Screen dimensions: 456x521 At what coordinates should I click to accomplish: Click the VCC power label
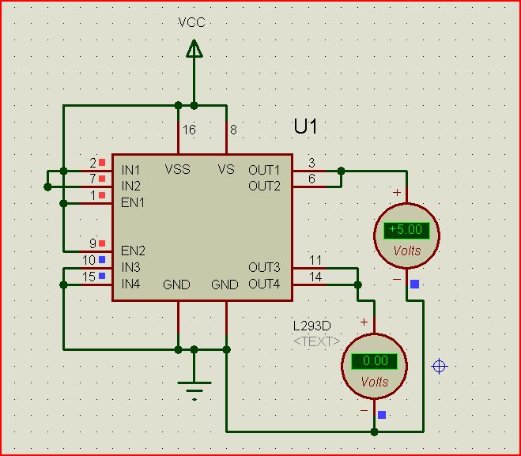(192, 22)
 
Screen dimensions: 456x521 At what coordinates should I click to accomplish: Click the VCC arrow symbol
(194, 49)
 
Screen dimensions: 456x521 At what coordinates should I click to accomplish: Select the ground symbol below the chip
(194, 388)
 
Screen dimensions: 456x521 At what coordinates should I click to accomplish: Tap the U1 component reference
(306, 126)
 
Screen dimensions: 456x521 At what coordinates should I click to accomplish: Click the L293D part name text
(311, 326)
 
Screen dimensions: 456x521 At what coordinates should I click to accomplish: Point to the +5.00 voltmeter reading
(406, 230)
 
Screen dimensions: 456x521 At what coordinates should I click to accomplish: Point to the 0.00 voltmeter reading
(375, 360)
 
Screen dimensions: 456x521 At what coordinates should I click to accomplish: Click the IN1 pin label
(131, 170)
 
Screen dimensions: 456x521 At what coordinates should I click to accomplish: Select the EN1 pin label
(133, 202)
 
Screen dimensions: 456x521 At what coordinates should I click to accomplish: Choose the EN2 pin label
(133, 251)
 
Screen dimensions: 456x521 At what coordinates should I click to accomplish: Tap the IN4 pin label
(131, 284)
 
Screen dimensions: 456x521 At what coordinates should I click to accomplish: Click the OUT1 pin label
(264, 170)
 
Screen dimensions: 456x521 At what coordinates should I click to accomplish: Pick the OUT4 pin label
(264, 284)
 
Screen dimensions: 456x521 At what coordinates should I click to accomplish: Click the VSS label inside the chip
(177, 169)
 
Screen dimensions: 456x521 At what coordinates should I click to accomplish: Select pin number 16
(189, 130)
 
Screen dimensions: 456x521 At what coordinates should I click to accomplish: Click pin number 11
(315, 260)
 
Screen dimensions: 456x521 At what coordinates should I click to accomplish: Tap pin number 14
(315, 277)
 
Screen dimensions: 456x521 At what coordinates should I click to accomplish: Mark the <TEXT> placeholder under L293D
(316, 341)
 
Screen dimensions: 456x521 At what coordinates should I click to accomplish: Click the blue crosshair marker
(440, 366)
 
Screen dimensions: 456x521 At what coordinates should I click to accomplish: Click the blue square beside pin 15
(102, 276)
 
